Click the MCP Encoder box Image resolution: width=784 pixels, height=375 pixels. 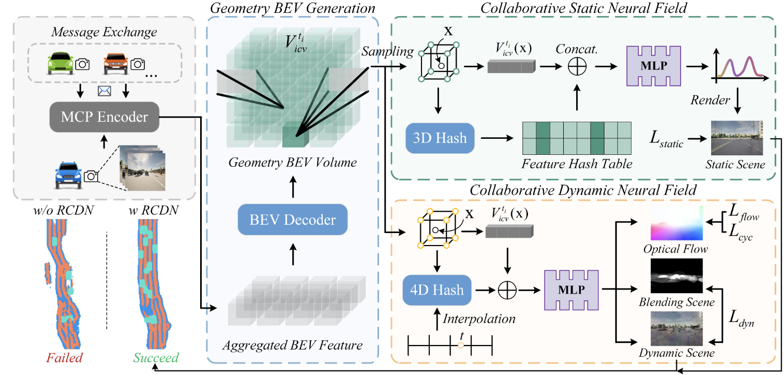104,117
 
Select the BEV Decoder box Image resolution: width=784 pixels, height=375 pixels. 293,220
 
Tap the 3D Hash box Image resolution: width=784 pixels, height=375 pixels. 440,138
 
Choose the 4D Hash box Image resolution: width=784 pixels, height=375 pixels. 437,290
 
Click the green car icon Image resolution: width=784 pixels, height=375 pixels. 61,63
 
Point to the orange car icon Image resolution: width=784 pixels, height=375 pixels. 116,64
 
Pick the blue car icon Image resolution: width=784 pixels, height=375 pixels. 69,175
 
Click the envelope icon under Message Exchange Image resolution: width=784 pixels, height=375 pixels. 104,91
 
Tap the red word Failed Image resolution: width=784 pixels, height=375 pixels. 65,358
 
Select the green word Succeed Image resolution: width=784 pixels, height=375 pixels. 156,358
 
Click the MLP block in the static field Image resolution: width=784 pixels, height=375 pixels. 654,66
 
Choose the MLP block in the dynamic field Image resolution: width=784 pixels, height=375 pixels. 571,290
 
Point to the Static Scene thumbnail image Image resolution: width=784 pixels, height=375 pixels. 737,138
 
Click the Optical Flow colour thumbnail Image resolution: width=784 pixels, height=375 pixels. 676,223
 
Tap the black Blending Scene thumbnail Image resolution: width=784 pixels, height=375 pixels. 676,276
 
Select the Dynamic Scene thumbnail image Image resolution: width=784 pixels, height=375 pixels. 676,328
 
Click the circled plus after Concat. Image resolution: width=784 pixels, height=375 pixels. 577,66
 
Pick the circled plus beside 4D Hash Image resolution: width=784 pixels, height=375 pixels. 507,290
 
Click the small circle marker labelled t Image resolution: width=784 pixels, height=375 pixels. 461,345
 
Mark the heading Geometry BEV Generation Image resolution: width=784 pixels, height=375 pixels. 293,8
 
